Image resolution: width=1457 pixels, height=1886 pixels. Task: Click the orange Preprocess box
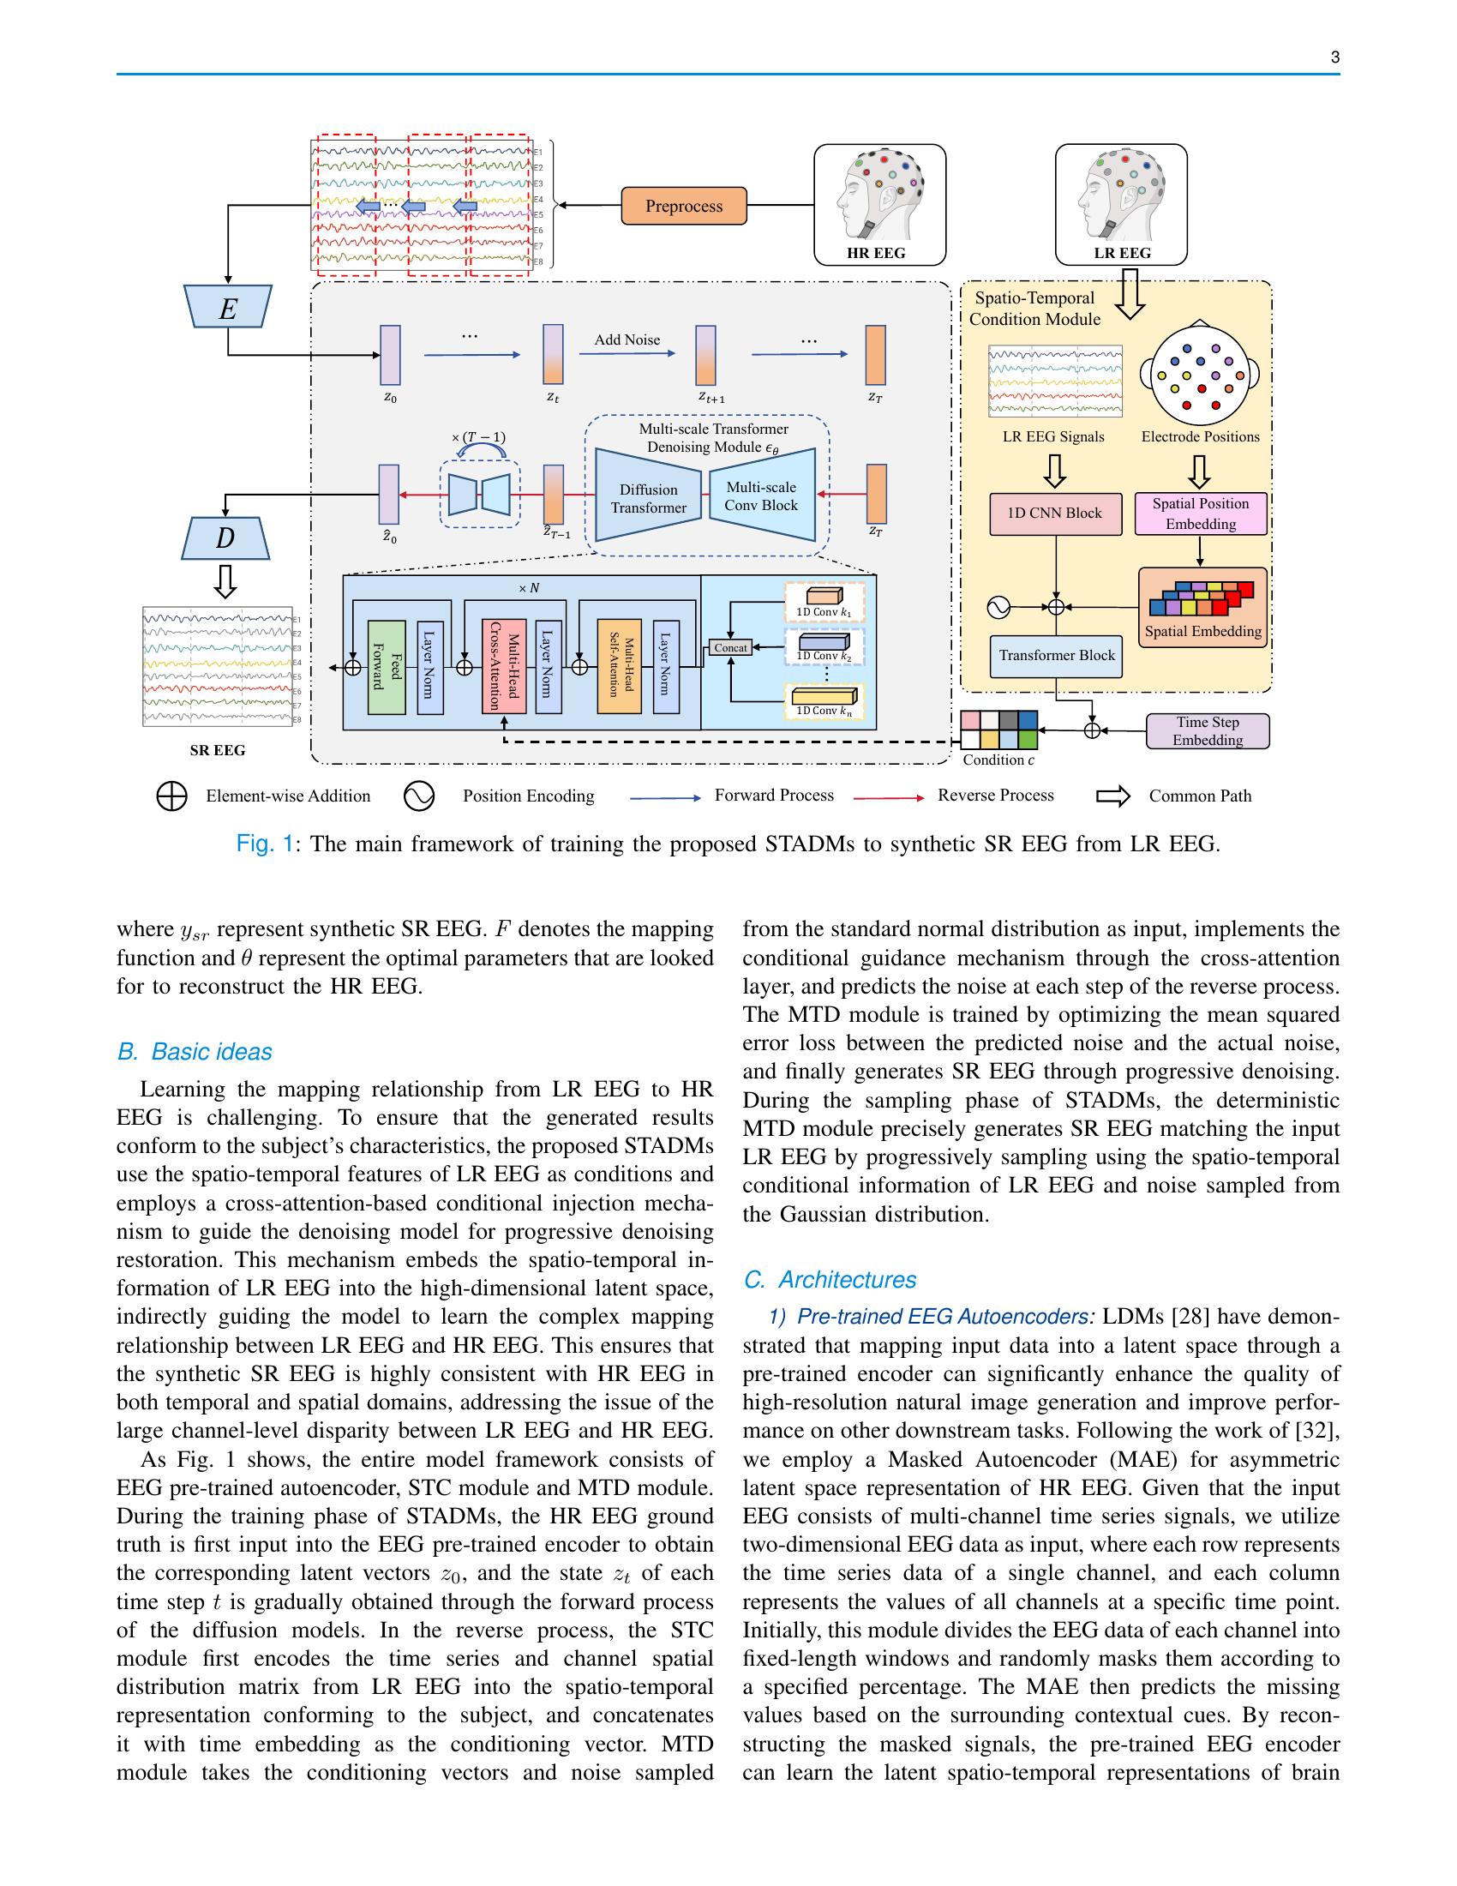(x=684, y=207)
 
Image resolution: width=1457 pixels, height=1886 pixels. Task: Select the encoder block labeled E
(x=228, y=308)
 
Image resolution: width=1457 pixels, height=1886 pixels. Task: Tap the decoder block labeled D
(x=225, y=538)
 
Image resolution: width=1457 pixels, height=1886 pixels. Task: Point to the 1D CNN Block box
(x=1055, y=513)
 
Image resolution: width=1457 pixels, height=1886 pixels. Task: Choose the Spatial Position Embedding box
(x=1200, y=514)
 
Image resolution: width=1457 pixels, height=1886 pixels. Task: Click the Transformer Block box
(x=1057, y=656)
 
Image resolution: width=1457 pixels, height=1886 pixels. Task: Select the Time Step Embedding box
(x=1207, y=730)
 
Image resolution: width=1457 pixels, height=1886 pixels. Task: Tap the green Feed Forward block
(x=386, y=667)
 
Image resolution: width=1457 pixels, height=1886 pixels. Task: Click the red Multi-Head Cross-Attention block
(x=503, y=667)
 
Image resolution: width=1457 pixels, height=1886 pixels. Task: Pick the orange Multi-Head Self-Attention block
(x=619, y=667)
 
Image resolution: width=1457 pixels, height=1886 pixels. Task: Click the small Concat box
(x=730, y=646)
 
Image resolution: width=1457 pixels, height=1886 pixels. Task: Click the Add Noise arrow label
(x=627, y=339)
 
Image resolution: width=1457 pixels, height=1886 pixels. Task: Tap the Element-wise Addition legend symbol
(x=171, y=796)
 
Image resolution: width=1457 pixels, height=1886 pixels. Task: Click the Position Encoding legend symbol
(x=418, y=796)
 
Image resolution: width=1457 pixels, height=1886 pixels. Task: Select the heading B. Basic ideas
(x=195, y=1052)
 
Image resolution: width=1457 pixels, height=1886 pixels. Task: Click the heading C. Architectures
(x=830, y=1280)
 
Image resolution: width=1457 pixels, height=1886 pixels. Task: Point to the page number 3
(x=1334, y=57)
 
